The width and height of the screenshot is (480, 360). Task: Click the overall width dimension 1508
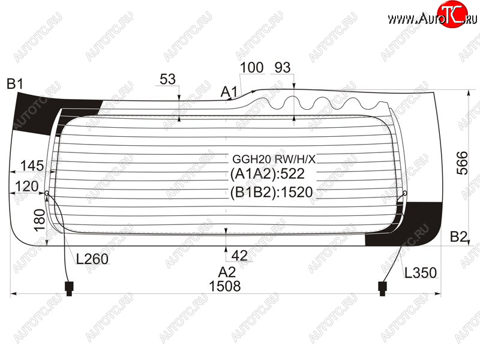click(x=224, y=286)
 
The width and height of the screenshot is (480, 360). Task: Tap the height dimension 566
click(x=462, y=163)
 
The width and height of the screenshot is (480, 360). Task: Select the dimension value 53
click(x=167, y=79)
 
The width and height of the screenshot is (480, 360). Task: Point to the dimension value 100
click(x=251, y=67)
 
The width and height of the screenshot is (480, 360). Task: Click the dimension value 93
click(x=282, y=67)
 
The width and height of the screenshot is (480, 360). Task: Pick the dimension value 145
click(x=32, y=166)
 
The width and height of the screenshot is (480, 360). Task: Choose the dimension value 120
click(x=26, y=186)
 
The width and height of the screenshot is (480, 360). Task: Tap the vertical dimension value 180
click(x=40, y=220)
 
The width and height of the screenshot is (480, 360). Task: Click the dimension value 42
click(x=239, y=256)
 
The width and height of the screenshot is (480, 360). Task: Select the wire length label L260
click(x=92, y=259)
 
